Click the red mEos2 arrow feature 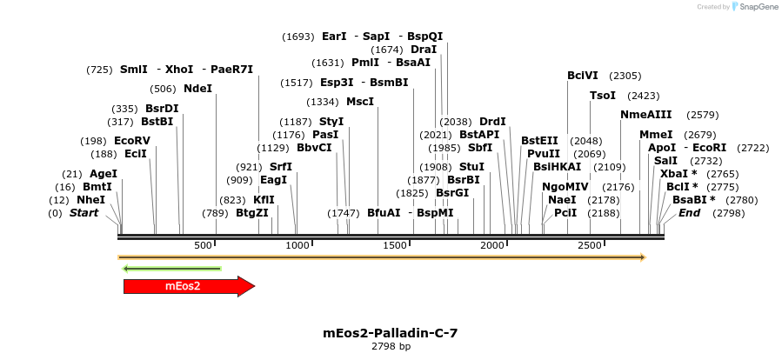(188, 286)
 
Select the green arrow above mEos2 (172, 268)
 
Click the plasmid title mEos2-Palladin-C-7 (390, 333)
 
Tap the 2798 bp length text (391, 346)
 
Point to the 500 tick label (203, 246)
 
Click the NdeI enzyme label (197, 89)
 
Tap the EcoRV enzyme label (132, 141)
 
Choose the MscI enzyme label (360, 102)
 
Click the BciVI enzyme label (583, 76)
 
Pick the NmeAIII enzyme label (645, 115)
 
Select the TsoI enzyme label (603, 96)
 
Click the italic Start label (84, 213)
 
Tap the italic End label (689, 213)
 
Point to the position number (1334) (323, 102)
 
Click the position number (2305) (625, 76)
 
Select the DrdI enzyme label (492, 122)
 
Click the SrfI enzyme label (280, 167)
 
